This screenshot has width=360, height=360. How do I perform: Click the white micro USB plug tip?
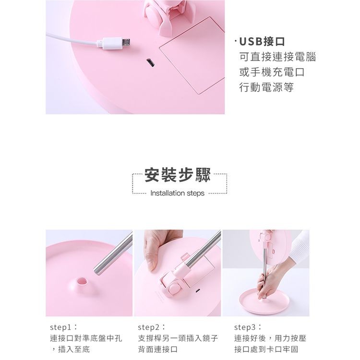126,42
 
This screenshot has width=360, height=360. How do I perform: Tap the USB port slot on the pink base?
150,63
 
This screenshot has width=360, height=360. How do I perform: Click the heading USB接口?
262,42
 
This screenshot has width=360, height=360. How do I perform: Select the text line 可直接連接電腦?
277,57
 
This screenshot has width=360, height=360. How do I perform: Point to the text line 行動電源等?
266,87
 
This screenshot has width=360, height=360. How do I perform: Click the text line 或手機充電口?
272,72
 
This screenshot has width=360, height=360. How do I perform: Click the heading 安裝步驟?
178,175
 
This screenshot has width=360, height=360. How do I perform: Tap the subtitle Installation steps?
177,193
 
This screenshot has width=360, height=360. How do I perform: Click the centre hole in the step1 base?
82,281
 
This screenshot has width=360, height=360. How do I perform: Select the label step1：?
63,327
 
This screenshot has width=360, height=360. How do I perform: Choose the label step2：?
152,327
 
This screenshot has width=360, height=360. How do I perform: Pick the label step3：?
248,327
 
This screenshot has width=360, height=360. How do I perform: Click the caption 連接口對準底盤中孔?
86,338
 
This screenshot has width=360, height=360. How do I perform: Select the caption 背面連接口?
158,349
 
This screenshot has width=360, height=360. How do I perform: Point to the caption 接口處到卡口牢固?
266,349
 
